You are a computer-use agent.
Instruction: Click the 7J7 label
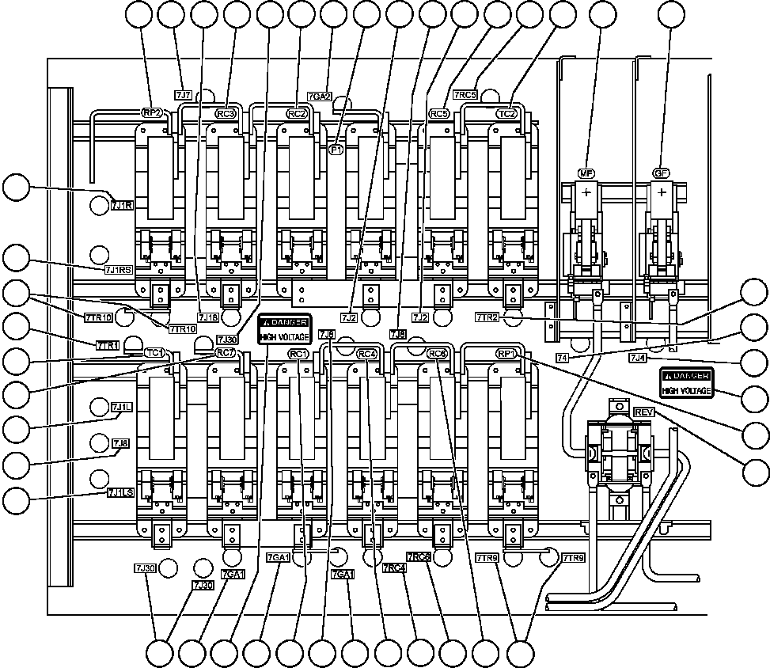184,96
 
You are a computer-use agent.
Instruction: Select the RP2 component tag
152,113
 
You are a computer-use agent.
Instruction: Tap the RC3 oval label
227,113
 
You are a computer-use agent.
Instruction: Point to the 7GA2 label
319,97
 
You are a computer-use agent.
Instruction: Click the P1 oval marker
336,148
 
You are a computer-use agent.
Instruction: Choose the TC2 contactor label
506,113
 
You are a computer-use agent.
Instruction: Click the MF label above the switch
586,173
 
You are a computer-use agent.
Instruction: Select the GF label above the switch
662,173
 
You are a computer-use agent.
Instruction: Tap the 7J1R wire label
123,206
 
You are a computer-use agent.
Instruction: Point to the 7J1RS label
119,270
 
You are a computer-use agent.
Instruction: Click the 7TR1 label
108,345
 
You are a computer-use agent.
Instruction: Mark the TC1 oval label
154,352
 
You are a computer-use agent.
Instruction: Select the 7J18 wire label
209,318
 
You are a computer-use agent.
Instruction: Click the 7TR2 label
487,317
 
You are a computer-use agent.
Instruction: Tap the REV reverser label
643,413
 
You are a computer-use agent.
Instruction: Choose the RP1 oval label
506,353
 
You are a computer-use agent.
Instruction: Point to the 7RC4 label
393,567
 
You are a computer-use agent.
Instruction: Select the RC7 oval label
226,352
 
